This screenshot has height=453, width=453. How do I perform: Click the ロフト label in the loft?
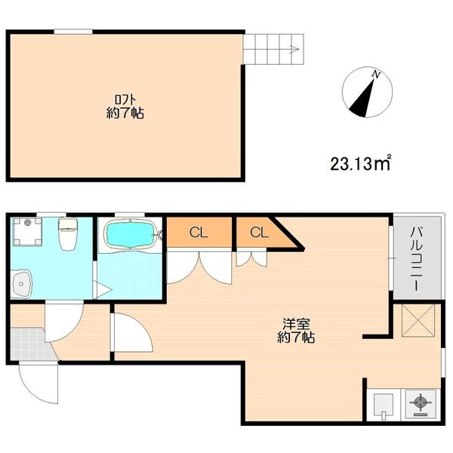[125, 100]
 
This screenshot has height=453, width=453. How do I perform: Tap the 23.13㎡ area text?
[361, 164]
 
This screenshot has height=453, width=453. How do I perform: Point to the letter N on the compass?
[376, 75]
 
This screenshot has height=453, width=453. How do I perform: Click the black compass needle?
[363, 98]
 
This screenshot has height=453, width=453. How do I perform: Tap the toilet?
[68, 234]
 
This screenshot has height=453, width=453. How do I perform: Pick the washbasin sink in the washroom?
[21, 284]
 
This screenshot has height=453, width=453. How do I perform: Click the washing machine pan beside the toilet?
[27, 232]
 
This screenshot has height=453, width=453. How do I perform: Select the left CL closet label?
[199, 233]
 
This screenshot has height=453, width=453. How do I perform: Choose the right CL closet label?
[260, 233]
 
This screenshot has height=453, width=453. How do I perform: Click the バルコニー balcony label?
[418, 259]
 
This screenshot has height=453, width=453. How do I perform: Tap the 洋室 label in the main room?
[296, 324]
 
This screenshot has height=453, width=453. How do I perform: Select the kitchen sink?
[384, 406]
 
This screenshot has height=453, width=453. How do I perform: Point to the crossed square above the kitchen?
[418, 320]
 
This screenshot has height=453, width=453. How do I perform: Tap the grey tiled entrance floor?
[29, 344]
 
